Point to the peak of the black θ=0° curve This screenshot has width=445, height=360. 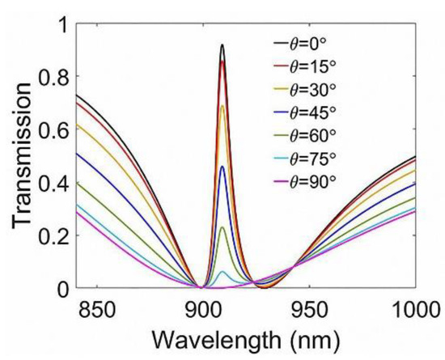click(x=222, y=45)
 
